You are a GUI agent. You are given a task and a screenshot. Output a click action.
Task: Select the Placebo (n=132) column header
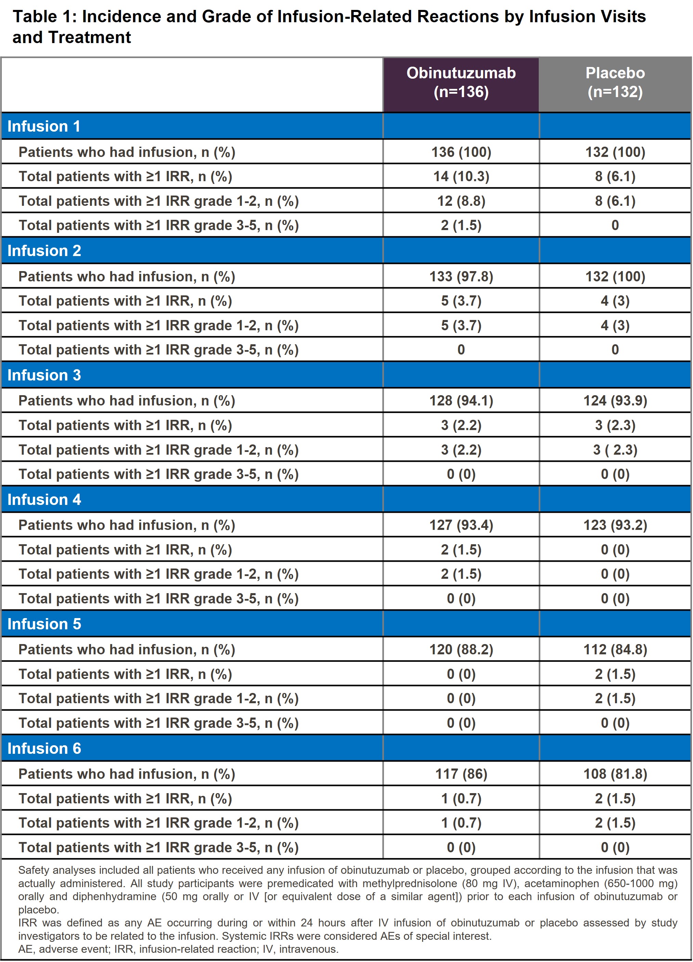tap(615, 83)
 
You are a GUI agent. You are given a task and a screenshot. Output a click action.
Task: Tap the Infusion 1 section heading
tap(44, 126)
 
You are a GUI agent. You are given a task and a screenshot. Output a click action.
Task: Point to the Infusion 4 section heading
tap(44, 500)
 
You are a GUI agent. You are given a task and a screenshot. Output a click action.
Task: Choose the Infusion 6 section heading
tap(44, 749)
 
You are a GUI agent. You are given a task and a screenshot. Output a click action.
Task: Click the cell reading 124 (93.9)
tap(615, 401)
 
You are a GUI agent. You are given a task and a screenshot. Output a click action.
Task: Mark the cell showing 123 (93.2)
tap(615, 525)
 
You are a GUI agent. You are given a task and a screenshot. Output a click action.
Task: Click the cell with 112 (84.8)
tap(615, 650)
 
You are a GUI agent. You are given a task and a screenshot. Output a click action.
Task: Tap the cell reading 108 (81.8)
tap(615, 774)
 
